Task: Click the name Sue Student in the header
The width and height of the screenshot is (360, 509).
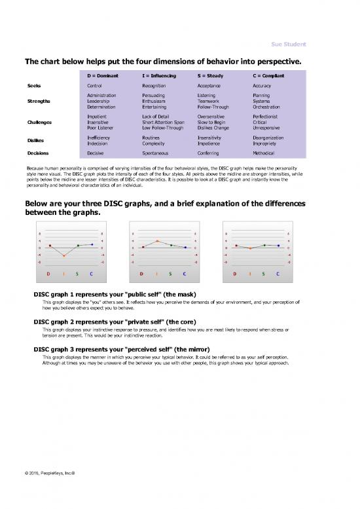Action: tap(289, 44)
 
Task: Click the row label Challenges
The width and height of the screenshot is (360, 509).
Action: tap(41, 122)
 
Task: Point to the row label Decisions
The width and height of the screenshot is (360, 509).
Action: tap(39, 153)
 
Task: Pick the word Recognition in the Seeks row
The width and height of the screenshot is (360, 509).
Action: tap(154, 86)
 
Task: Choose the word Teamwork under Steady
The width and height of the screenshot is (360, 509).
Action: tap(211, 101)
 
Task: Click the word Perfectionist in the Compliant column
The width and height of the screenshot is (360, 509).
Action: tap(268, 116)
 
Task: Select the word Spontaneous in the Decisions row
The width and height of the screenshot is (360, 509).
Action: tap(155, 153)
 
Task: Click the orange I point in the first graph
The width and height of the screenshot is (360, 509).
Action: tap(64, 255)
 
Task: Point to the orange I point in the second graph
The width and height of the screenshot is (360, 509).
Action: tap(157, 241)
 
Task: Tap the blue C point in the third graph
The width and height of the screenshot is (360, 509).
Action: tap(278, 246)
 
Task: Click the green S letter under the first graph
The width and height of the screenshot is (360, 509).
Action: tap(78, 273)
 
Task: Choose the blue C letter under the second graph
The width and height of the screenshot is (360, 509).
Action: tap(185, 273)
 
